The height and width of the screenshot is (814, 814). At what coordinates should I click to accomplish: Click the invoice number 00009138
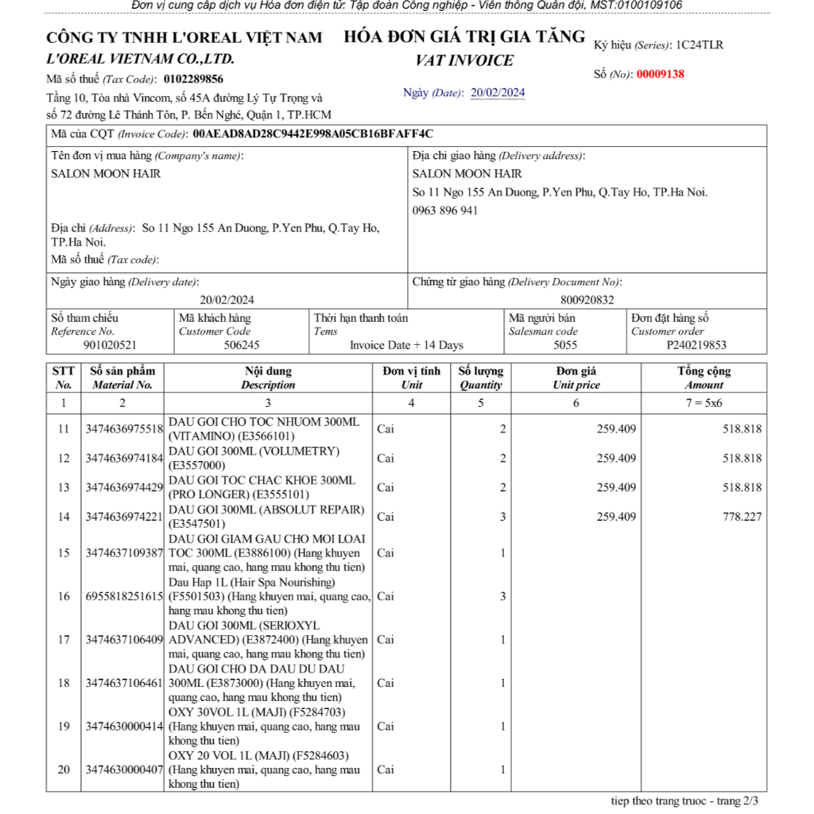tap(660, 74)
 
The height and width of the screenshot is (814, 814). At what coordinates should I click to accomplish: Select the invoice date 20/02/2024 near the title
tap(498, 93)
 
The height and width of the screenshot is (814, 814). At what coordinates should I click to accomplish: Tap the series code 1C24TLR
tap(700, 45)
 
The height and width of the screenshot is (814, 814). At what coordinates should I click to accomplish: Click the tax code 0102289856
tap(193, 79)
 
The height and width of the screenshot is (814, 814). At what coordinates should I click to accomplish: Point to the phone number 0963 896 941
tap(445, 211)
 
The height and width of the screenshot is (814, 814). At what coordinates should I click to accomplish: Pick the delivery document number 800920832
tap(587, 300)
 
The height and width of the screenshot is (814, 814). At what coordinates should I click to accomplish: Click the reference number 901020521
tap(110, 345)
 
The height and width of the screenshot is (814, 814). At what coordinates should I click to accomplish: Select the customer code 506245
tap(242, 345)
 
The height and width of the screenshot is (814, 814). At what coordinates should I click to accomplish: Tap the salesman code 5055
tap(565, 345)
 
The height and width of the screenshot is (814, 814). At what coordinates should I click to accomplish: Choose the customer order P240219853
tap(696, 345)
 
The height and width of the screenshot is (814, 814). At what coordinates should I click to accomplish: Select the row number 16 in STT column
tap(64, 596)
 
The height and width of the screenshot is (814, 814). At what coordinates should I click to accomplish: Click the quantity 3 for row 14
tap(502, 517)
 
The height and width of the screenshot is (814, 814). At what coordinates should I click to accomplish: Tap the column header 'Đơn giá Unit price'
tap(576, 378)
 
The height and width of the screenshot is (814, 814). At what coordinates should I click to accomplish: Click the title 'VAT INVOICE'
tap(464, 60)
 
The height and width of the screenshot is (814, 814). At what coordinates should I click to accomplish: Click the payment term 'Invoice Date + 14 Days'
tap(406, 345)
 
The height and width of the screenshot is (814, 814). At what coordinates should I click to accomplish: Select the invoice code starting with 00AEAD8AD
tap(312, 134)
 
